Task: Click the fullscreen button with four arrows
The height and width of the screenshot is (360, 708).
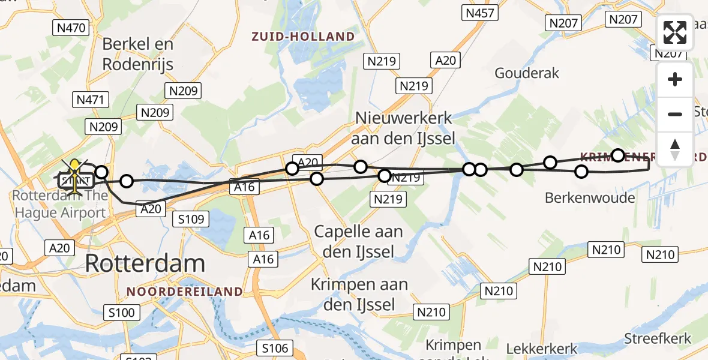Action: tap(675, 32)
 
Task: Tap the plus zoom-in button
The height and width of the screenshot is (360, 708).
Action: tap(675, 79)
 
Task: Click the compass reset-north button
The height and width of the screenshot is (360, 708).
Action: tap(675, 149)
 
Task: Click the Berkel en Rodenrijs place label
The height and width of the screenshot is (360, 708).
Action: tap(137, 53)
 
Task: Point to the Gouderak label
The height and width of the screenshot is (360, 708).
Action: tap(527, 73)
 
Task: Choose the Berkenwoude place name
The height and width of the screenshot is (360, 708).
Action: tap(589, 197)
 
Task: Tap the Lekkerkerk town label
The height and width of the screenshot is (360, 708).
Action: tap(542, 349)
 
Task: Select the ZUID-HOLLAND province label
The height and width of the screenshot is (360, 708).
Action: tap(304, 37)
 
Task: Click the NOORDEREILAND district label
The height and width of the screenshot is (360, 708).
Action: tap(185, 292)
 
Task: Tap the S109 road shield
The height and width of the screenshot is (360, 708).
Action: tap(191, 219)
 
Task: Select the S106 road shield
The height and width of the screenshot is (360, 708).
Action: tap(275, 347)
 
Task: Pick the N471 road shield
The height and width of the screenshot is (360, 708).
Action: tap(89, 100)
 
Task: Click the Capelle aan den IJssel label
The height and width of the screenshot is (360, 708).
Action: tap(358, 241)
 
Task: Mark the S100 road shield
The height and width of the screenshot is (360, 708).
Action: tap(122, 312)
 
